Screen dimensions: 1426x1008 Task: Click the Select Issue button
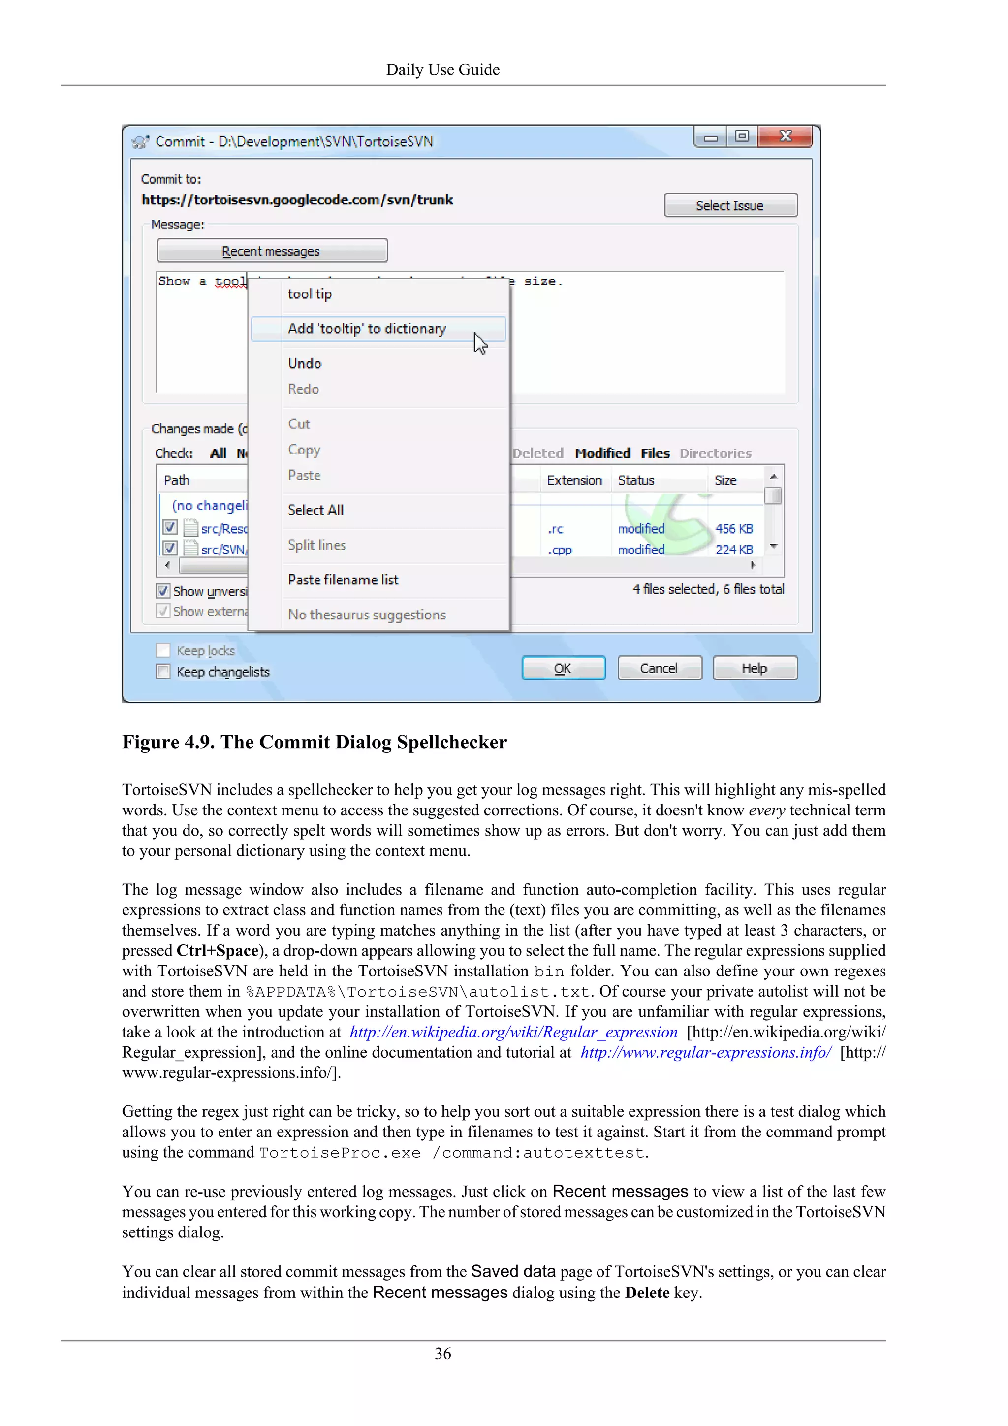coord(730,205)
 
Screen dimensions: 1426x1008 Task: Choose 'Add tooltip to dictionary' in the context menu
coord(367,328)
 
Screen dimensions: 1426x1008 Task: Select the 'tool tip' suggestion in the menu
coord(310,294)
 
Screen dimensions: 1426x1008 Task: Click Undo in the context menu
coord(305,363)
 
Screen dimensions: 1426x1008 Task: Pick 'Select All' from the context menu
coord(316,510)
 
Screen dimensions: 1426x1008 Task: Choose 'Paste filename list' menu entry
coord(343,580)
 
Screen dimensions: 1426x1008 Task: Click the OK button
coord(563,668)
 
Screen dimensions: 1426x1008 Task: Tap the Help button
coord(754,668)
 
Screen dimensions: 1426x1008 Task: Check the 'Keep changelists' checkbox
coord(163,671)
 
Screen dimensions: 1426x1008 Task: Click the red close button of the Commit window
coord(785,136)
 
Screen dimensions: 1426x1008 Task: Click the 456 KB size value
coord(734,528)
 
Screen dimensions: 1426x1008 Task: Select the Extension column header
coord(574,480)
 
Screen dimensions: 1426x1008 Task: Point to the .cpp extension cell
coord(560,550)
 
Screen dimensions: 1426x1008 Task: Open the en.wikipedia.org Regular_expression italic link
coord(513,1032)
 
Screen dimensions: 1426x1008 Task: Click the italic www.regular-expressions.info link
coord(706,1053)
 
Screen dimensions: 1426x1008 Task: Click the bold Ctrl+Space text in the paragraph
coord(217,951)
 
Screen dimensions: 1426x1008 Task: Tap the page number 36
coord(442,1353)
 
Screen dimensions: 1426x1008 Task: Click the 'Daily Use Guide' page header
coord(442,69)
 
